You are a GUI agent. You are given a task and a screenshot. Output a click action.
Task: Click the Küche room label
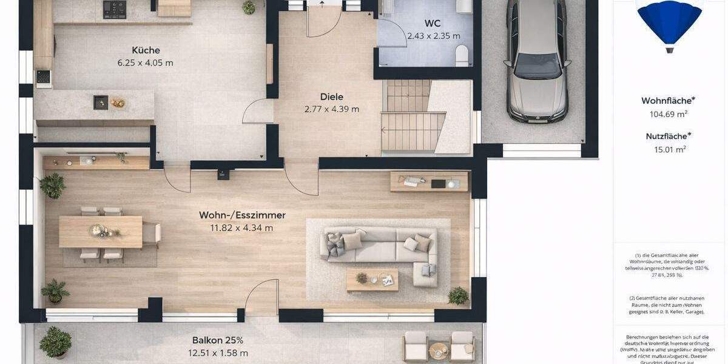tap(146, 50)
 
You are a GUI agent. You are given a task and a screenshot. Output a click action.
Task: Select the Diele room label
tap(332, 96)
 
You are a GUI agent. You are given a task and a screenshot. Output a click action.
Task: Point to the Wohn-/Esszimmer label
tap(242, 215)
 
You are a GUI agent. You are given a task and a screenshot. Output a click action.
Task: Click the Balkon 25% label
tap(218, 340)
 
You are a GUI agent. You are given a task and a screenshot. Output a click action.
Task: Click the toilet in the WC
tap(462, 55)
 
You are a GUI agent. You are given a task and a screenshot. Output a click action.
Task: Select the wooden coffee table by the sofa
tap(372, 280)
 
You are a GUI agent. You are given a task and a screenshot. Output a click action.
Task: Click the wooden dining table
tap(101, 231)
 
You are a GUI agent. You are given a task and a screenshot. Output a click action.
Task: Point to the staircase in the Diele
tap(413, 118)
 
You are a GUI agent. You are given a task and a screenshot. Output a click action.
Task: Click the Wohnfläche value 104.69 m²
tap(668, 114)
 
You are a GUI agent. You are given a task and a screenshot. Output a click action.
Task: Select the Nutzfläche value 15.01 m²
tap(668, 149)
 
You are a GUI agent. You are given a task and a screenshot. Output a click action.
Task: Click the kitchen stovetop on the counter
tap(114, 9)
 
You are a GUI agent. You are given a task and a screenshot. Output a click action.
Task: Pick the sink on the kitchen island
tap(101, 103)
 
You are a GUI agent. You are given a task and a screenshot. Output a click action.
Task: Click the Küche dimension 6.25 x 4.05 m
tap(146, 62)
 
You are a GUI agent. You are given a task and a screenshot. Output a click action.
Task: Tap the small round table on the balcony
tap(438, 351)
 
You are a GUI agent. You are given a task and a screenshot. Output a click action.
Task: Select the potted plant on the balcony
tap(55, 342)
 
